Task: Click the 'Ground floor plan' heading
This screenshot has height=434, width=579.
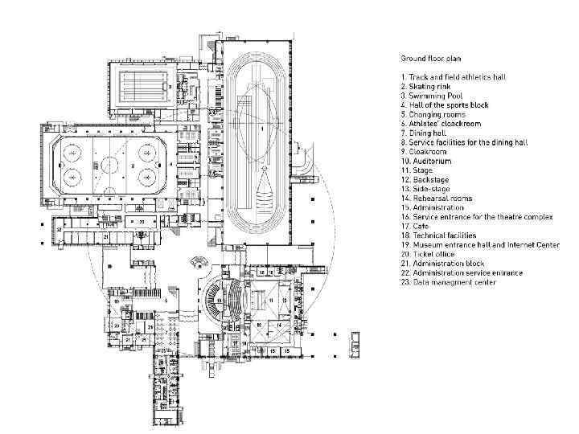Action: (x=431, y=58)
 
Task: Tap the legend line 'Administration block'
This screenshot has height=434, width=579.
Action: (x=447, y=264)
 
